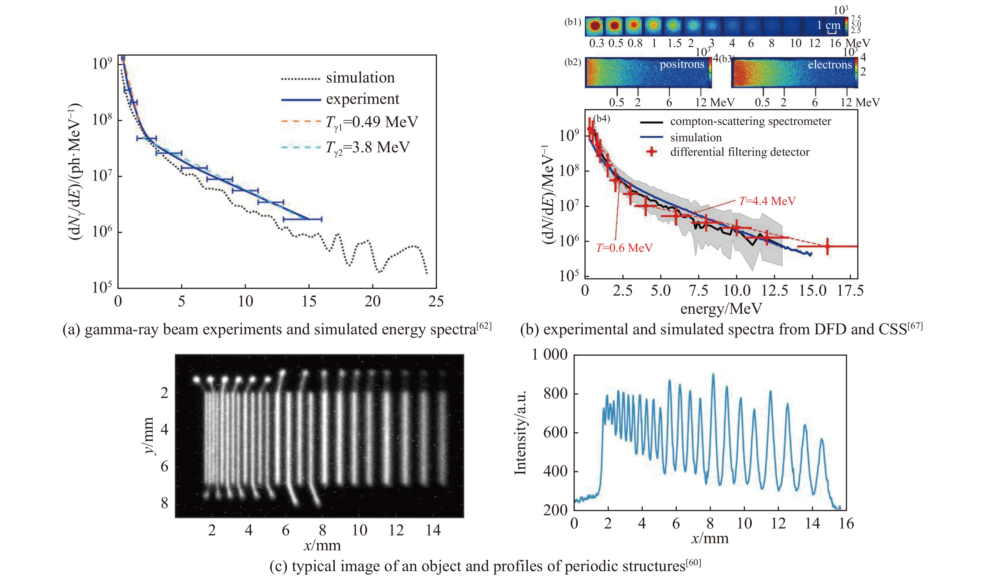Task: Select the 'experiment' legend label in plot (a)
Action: (x=362, y=99)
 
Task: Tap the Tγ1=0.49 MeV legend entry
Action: (x=372, y=122)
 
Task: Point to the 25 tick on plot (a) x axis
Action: (x=436, y=301)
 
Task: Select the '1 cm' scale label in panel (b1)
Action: (x=829, y=25)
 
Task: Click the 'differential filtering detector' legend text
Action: (x=739, y=152)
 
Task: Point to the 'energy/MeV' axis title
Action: (x=721, y=309)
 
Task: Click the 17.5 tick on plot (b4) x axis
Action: (x=850, y=291)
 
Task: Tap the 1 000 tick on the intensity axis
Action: (x=550, y=354)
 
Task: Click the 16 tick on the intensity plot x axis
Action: (x=846, y=523)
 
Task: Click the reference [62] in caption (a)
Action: (x=484, y=325)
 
